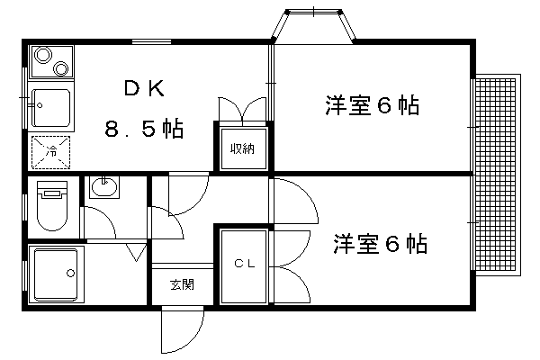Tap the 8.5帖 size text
[143, 130]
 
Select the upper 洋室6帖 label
[373, 106]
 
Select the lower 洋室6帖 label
[381, 244]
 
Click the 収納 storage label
[241, 148]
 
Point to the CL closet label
[244, 265]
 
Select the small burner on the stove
[62, 67]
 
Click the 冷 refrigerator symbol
[52, 151]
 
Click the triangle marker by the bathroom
[136, 253]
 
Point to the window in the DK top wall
[151, 41]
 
